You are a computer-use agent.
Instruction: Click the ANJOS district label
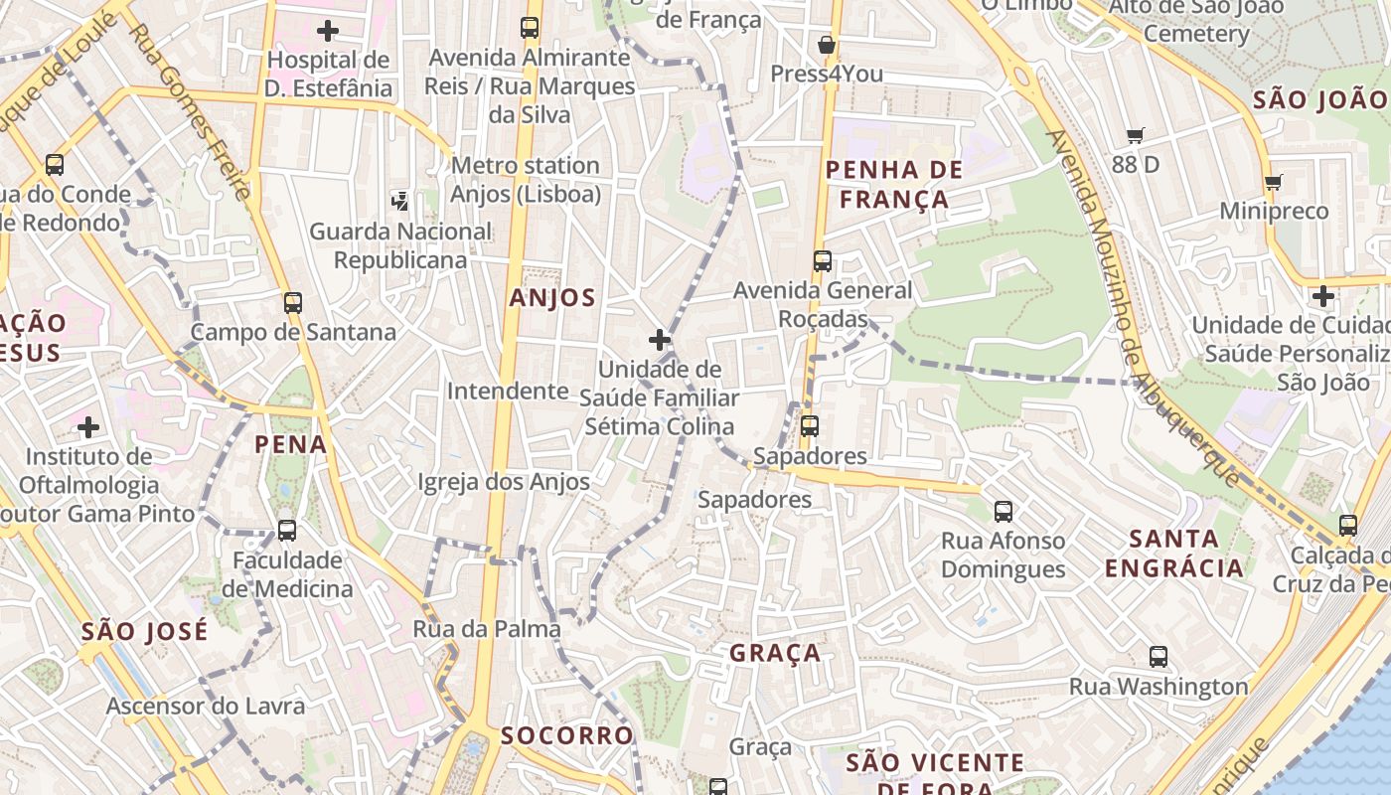point(552,297)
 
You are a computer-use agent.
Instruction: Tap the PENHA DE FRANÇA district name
point(894,184)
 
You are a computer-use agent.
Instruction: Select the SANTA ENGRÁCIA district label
point(1174,554)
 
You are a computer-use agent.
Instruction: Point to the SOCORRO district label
point(566,735)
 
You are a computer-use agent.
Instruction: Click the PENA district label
point(291,443)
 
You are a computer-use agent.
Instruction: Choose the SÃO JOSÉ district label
point(145,631)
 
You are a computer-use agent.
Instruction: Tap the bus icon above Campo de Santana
point(292,302)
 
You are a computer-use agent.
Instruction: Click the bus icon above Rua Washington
point(1158,656)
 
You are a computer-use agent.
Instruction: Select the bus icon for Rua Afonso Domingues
point(1004,512)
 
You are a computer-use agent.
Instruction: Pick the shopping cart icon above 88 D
point(1136,135)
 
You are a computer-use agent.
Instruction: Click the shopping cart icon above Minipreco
point(1273,182)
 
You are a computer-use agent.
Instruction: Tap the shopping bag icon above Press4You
point(826,45)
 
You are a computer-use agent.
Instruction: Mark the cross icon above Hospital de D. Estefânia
point(328,30)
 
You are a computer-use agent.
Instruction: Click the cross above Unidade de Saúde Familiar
point(659,340)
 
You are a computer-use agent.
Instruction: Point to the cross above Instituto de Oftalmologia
point(88,427)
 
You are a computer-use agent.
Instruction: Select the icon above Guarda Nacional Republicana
point(399,202)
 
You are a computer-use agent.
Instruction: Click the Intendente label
point(508,391)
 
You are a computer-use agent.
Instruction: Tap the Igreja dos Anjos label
point(504,482)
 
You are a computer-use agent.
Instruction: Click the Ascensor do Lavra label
point(206,706)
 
